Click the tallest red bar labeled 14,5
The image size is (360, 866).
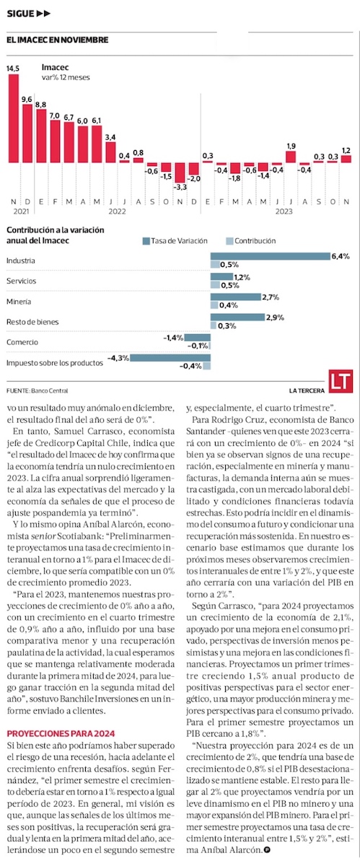point(14,118)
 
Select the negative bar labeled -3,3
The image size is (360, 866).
point(180,172)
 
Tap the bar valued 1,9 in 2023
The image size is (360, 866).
point(291,157)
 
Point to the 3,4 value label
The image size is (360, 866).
point(110,137)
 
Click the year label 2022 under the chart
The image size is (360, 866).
point(117,211)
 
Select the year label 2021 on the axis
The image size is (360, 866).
point(21,211)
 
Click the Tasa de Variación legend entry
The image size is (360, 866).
point(175,241)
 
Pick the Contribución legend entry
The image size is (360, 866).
point(251,241)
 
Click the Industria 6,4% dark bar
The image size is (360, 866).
point(271,256)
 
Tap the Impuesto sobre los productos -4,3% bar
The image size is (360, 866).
point(170,358)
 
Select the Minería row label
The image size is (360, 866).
point(19,302)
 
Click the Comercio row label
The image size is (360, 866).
point(22,342)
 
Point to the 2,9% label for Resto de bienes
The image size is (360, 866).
point(275,318)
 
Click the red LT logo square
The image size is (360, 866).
point(341,381)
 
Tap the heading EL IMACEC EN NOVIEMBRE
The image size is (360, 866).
point(57,40)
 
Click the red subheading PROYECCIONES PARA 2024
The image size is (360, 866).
point(61,733)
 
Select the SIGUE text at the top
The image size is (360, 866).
point(20,14)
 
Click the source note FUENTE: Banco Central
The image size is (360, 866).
point(37,390)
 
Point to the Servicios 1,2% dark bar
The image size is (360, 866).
point(222,276)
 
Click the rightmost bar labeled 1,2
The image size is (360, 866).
point(346,159)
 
